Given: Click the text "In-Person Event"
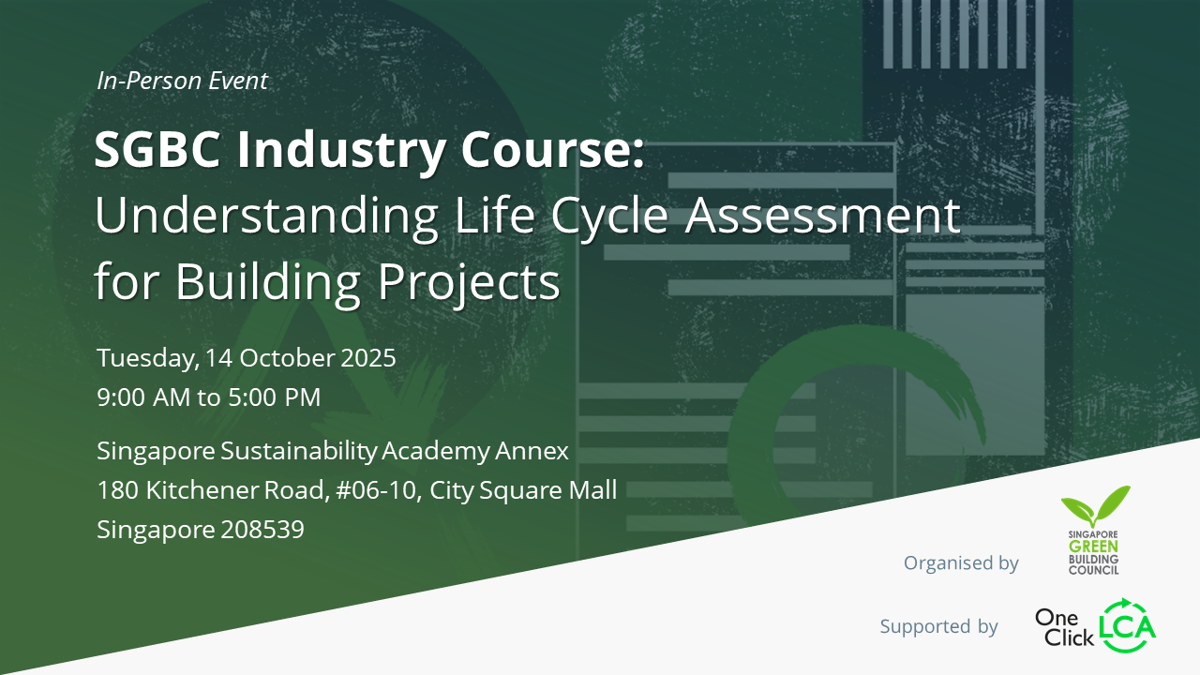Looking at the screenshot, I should [x=182, y=82].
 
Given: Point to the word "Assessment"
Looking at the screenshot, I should [x=824, y=216].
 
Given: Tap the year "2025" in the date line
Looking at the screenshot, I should [x=367, y=358].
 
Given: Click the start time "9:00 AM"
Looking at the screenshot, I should [x=143, y=397].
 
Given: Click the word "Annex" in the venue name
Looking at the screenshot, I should [x=532, y=451].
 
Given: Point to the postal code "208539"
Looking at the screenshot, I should [x=262, y=530].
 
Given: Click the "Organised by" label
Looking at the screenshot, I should [x=961, y=563].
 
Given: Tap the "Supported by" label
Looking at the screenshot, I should [x=938, y=626].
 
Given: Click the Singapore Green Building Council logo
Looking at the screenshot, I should [x=1094, y=531].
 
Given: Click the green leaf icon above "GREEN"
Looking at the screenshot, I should [x=1095, y=505].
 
